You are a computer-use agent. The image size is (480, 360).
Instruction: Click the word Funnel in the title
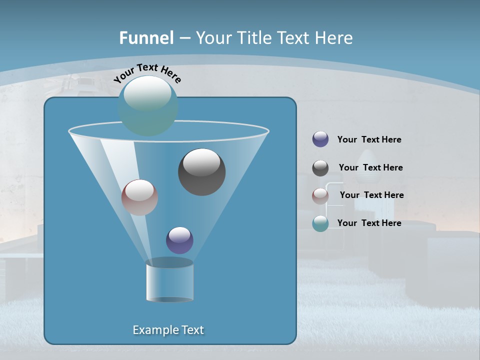pos(146,37)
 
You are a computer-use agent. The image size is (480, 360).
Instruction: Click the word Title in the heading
pos(253,37)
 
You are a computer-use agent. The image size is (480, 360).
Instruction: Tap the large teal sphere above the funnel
pos(148,106)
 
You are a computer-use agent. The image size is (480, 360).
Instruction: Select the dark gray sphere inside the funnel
pos(202,172)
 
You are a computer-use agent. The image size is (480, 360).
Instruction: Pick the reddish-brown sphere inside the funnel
pos(140,197)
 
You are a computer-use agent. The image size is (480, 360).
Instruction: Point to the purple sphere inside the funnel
pos(179,240)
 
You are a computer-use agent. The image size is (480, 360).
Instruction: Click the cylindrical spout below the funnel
pos(169,281)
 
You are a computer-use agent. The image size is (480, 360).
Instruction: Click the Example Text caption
pos(168,330)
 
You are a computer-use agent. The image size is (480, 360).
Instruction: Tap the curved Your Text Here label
pos(147,72)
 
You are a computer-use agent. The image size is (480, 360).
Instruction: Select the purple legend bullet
pos(320,139)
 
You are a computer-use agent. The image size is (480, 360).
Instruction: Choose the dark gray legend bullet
pos(320,168)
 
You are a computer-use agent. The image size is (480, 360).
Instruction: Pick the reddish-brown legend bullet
pos(320,196)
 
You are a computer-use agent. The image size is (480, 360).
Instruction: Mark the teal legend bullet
pos(320,223)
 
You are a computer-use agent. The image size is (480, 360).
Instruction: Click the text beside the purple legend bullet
pos(369,140)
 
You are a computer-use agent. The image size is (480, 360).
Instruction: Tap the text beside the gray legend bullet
pos(370,167)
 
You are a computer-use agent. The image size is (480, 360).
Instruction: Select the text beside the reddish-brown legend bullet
pos(371,195)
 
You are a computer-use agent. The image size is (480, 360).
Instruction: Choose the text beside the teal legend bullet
pos(369,223)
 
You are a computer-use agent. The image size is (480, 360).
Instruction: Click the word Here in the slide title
pos(335,37)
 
